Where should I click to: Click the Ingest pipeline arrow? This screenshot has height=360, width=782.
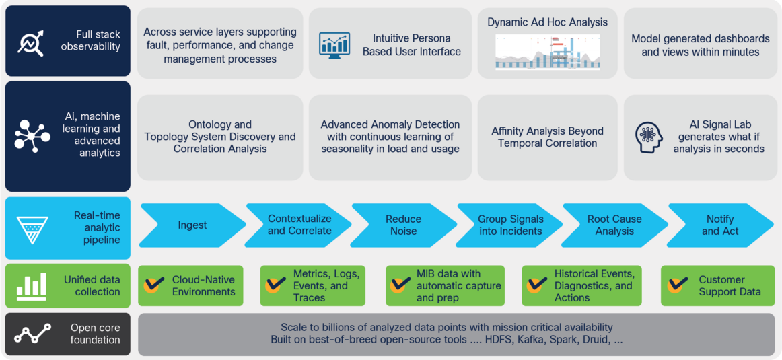pos(192,225)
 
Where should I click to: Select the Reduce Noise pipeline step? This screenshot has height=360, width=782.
pos(403,225)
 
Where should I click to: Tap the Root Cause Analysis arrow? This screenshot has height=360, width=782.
pos(614,225)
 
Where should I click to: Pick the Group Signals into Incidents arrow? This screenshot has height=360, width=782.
pos(509,225)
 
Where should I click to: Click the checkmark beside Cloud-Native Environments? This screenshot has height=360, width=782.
pos(154,285)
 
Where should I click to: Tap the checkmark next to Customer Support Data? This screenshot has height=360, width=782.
pos(678,285)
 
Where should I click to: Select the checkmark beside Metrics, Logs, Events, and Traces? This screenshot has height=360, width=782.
pos(275,285)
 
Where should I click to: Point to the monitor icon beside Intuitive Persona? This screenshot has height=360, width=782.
pos(334,44)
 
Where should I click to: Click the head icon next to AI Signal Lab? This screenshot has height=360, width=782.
pos(649,137)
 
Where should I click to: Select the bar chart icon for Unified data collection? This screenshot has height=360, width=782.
pos(32,286)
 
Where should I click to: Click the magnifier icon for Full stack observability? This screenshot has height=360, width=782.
pos(30,42)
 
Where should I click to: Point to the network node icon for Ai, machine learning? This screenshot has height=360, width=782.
pos(32,137)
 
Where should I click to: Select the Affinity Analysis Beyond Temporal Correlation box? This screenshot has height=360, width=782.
pos(547,137)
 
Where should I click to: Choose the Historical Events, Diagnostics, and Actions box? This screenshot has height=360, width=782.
pos(581,285)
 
